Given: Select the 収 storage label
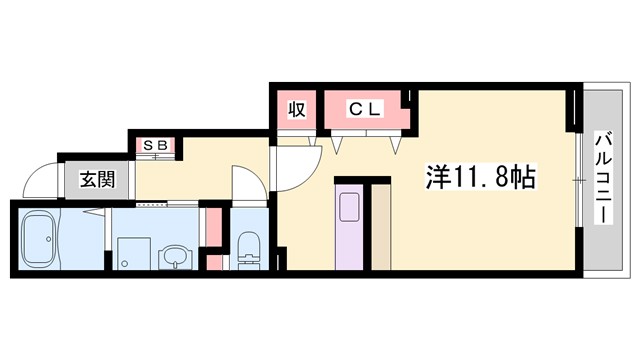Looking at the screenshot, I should point(297,110).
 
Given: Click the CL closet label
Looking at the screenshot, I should point(364,110).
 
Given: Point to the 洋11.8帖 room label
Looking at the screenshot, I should point(481,178).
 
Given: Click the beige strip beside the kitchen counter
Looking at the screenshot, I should point(380,227).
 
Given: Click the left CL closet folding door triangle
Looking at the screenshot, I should point(338,144).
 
